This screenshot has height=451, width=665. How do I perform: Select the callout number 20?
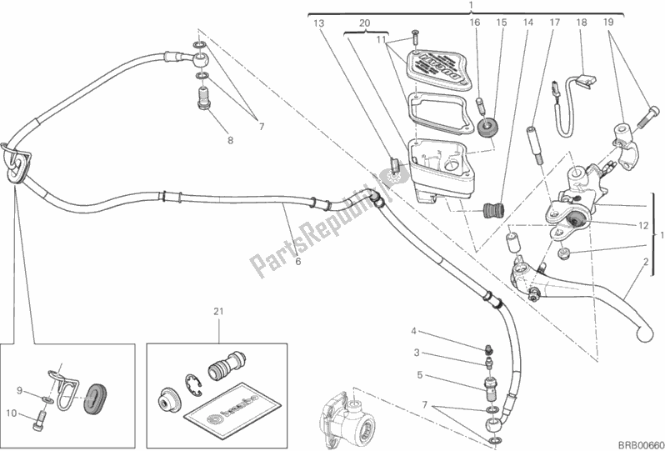(x=363, y=24)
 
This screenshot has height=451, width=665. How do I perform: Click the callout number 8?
(x=230, y=141)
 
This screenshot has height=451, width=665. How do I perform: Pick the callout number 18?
(x=582, y=24)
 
